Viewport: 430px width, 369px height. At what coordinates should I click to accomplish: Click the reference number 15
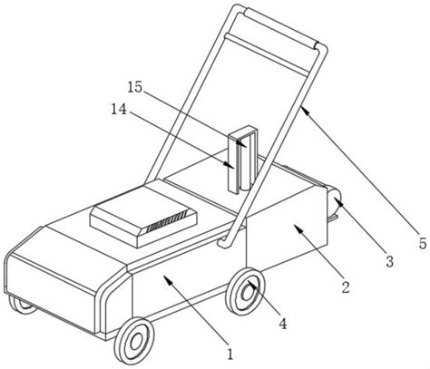(134, 88)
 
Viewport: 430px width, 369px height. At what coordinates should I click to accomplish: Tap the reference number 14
(119, 110)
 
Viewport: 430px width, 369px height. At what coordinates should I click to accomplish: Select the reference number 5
(423, 243)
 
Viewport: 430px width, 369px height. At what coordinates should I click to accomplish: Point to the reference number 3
(390, 261)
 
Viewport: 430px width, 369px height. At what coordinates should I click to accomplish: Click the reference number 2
(346, 287)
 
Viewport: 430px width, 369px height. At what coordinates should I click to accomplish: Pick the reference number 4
(282, 324)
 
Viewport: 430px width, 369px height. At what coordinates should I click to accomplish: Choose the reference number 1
(230, 354)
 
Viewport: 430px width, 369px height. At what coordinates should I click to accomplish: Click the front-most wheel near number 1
(134, 341)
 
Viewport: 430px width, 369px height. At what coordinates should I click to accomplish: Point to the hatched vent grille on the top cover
(167, 221)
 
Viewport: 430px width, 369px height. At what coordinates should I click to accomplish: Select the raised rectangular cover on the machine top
(143, 223)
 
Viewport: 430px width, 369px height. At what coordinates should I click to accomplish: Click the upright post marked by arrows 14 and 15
(243, 160)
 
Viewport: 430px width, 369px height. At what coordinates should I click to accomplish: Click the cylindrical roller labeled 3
(333, 203)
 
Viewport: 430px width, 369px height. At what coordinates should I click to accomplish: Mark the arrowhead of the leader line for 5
(305, 110)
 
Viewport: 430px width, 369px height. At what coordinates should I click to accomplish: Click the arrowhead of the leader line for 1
(167, 279)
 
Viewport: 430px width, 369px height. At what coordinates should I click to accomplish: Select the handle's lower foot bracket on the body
(224, 243)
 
